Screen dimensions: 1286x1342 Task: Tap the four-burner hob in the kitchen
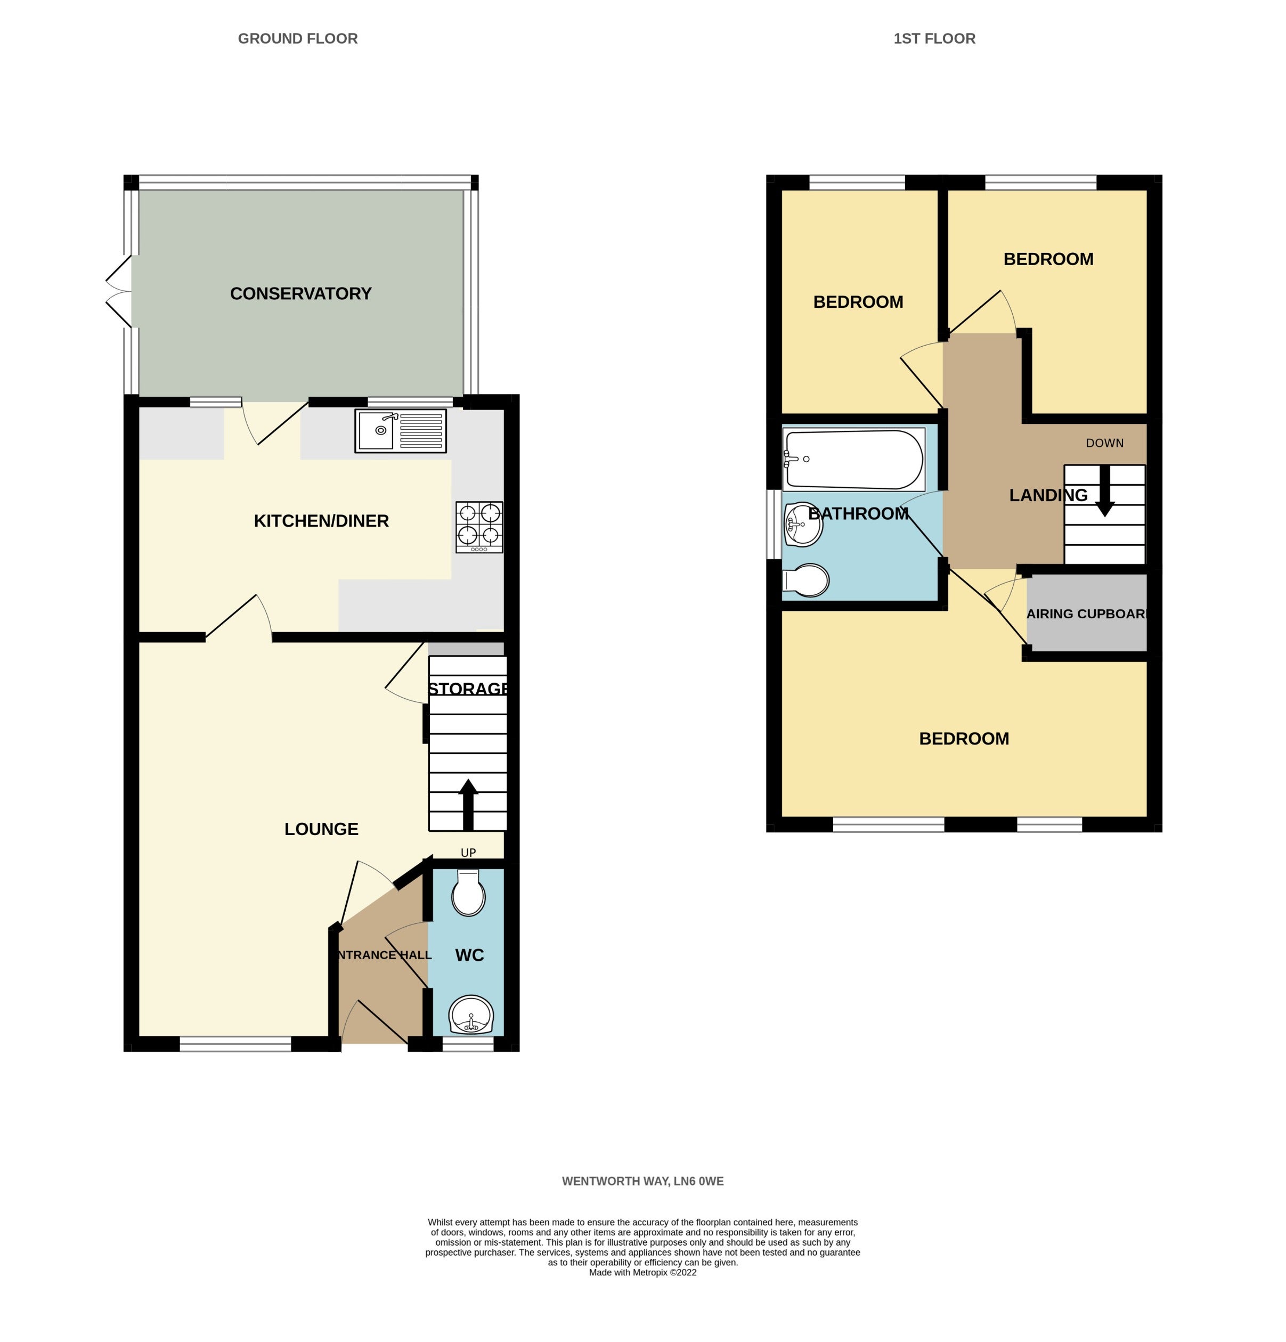coord(479,527)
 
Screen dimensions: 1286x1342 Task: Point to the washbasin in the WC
coord(470,1016)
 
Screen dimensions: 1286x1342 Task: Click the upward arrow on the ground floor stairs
coord(468,805)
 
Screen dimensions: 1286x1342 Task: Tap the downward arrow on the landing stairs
coord(1104,491)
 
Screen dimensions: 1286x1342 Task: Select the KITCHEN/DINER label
coord(321,521)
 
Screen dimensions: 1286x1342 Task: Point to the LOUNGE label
coord(321,829)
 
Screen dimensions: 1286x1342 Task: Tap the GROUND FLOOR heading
coord(298,39)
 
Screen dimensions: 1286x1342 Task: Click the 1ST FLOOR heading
coord(934,39)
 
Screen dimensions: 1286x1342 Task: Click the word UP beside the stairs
coord(468,853)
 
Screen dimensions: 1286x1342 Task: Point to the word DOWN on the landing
coord(1104,443)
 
